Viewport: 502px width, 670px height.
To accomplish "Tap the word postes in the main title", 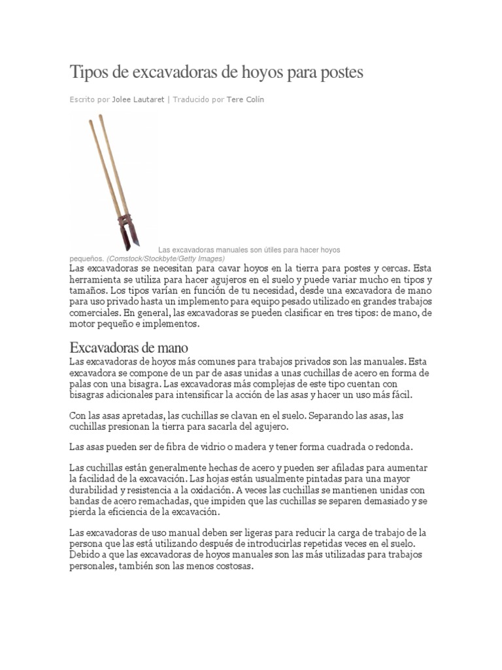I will (x=339, y=73).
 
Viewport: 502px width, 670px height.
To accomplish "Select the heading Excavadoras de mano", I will (x=128, y=347).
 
